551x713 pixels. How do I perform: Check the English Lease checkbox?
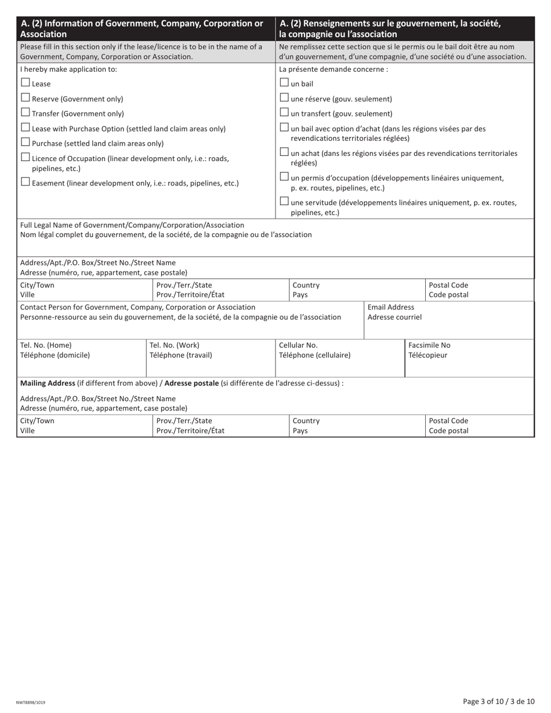coord(26,83)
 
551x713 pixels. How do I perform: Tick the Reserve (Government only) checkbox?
coord(26,98)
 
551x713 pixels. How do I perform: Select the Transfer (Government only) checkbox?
coord(26,112)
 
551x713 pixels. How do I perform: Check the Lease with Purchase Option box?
coord(26,128)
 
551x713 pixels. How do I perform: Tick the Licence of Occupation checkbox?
coord(26,157)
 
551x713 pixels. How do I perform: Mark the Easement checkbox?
coord(26,182)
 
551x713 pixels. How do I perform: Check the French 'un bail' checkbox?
coord(284,83)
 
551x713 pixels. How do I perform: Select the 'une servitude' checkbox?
coord(284,202)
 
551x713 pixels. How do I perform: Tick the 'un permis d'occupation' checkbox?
coord(284,177)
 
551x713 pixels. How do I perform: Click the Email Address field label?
coord(391,307)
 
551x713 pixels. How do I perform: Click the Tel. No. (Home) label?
coord(46,345)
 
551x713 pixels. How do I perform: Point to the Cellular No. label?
coord(298,345)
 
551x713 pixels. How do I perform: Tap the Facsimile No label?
coord(429,345)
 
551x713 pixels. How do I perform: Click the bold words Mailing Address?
coord(48,383)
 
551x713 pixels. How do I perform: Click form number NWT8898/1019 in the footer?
coord(31,703)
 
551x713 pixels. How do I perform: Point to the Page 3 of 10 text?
coord(498,701)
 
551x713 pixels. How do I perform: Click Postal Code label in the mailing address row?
coord(448,421)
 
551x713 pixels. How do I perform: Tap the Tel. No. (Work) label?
coord(175,345)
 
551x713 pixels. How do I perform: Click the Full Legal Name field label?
coord(132,225)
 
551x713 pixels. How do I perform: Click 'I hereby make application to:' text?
coord(68,69)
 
